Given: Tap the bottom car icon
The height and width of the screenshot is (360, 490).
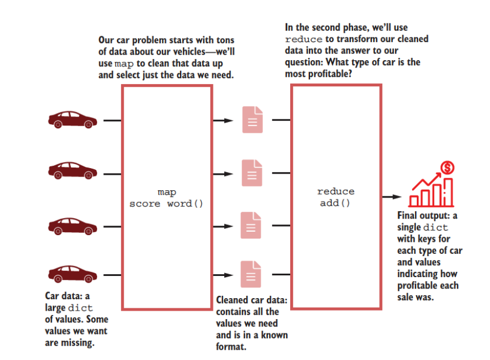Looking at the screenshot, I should [72, 275].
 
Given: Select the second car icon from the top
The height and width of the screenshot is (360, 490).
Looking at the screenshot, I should [72, 169].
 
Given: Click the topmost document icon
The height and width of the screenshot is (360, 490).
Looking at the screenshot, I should [252, 120].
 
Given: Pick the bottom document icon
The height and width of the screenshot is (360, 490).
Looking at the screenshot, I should [252, 274].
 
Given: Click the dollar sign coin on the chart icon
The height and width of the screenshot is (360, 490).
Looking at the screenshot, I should [447, 168].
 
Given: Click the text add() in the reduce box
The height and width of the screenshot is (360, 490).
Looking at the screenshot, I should [335, 203].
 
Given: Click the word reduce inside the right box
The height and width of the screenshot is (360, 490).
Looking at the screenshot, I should [335, 192].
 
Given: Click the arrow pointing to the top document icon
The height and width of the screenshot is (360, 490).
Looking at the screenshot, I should [223, 120].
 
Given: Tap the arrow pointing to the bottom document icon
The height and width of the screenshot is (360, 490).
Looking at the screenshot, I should [223, 275].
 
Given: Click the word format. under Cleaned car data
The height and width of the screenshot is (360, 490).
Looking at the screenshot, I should [231, 346].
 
